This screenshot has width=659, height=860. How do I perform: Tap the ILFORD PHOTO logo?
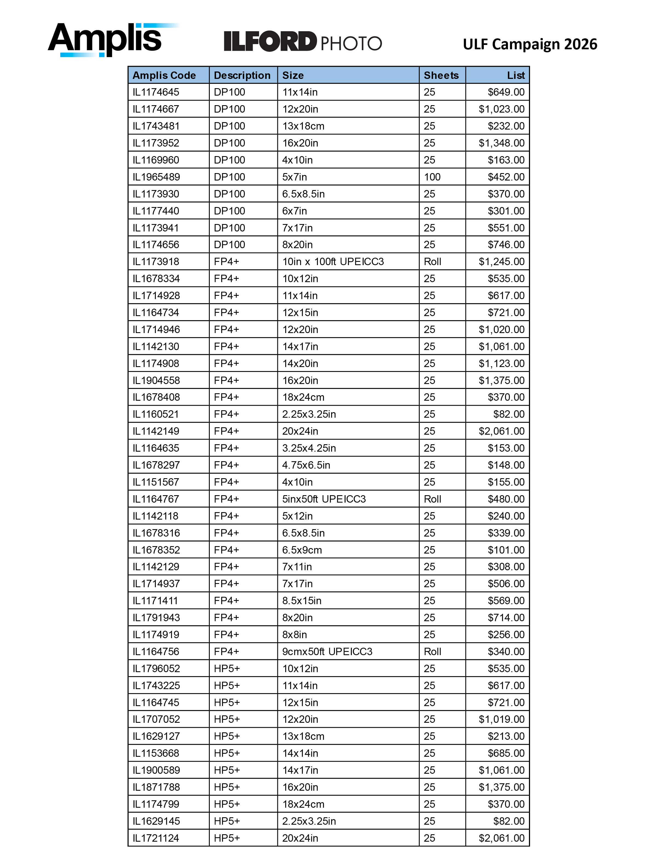click(x=303, y=42)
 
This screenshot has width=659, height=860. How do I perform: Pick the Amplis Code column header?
click(x=164, y=75)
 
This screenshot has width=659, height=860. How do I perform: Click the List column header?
click(x=516, y=75)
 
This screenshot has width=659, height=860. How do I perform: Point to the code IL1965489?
click(x=156, y=177)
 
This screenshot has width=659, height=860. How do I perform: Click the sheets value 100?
click(x=432, y=177)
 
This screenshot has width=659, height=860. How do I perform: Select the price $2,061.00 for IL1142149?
click(x=501, y=431)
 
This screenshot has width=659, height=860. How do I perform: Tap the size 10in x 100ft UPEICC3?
click(x=333, y=262)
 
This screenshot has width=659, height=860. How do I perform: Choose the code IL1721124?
click(x=156, y=838)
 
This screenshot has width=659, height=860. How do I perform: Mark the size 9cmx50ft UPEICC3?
click(x=327, y=652)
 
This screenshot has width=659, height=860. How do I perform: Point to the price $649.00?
click(x=506, y=92)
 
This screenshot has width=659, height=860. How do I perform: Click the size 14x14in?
click(x=300, y=753)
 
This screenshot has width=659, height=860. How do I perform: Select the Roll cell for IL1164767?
click(x=433, y=499)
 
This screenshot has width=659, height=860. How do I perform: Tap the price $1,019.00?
click(x=501, y=719)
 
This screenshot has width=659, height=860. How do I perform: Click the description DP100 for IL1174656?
click(x=229, y=245)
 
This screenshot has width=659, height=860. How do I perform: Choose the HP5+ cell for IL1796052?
click(x=227, y=669)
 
